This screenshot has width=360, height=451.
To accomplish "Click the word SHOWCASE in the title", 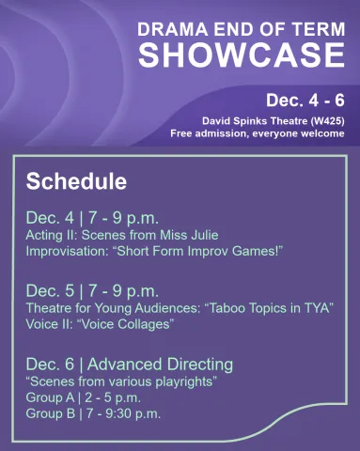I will tap(242, 55).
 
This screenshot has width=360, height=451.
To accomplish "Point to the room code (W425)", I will tap(323, 120).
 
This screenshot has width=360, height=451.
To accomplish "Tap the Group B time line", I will tap(93, 412).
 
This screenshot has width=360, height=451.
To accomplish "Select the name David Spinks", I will tap(235, 120).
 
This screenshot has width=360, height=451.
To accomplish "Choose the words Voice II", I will tap(48, 324).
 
